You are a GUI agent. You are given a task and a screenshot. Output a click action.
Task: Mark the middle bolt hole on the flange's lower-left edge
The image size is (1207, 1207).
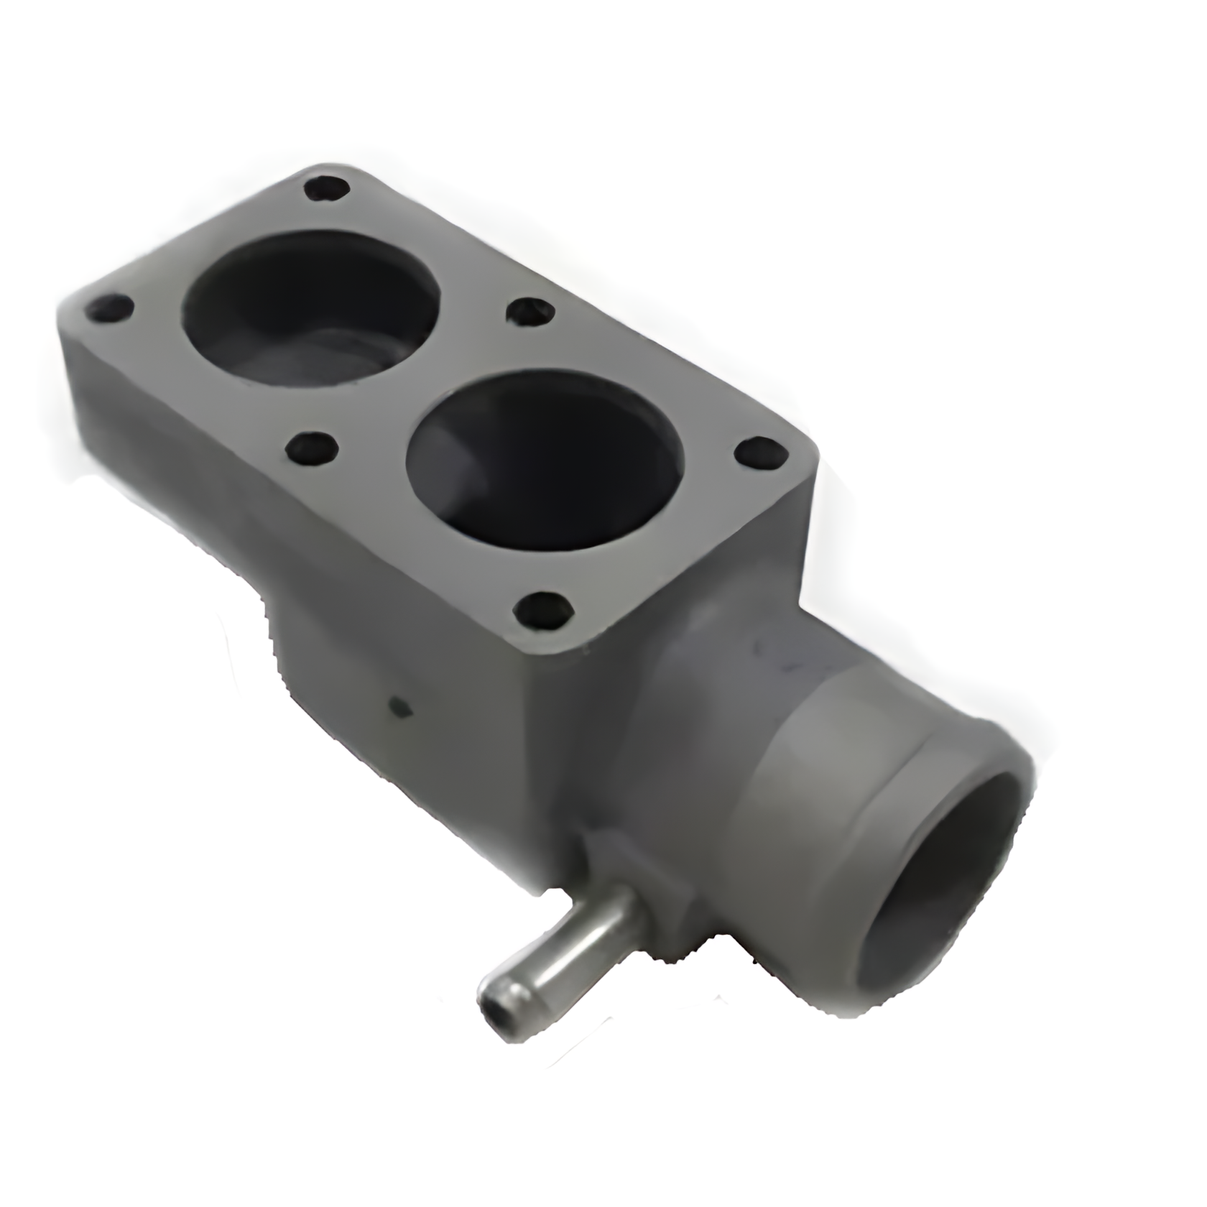click(x=312, y=452)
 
